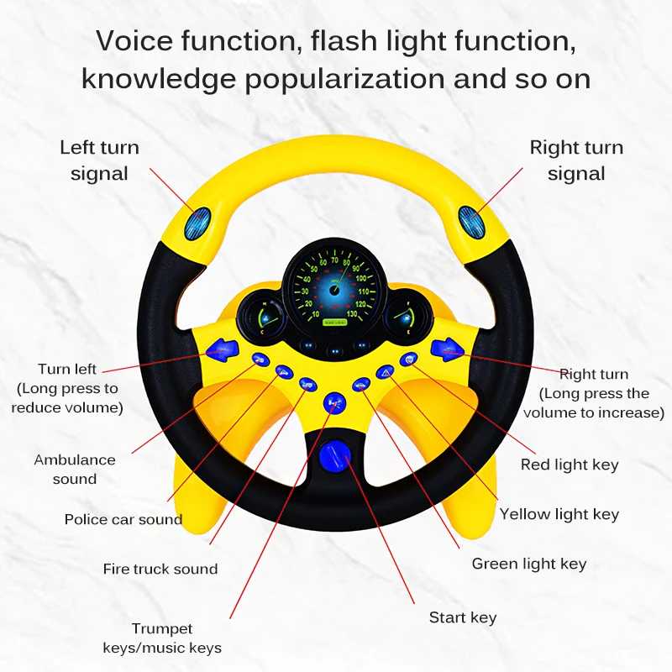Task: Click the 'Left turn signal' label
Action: [99, 160]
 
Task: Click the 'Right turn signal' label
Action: [576, 160]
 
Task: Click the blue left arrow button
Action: [220, 347]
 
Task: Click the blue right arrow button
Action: [444, 348]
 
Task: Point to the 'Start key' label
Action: [463, 617]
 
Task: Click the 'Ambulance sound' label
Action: [75, 470]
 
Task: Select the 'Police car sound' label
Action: [123, 519]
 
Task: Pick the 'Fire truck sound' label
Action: [160, 569]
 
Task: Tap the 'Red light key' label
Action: [570, 465]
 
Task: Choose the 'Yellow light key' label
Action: [559, 514]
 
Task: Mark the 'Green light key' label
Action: [529, 564]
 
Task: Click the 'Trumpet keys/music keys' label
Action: [162, 638]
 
